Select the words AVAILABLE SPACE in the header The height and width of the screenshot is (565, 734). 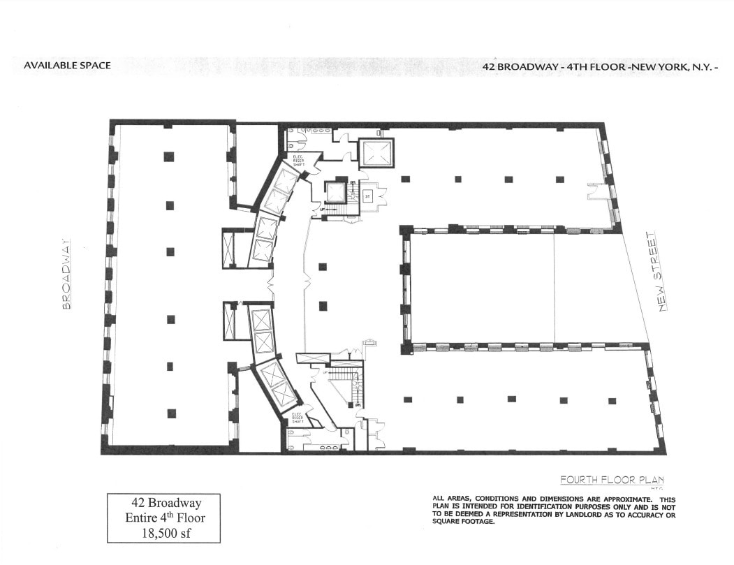[x=67, y=66]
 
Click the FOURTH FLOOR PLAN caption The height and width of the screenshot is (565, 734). [x=611, y=480]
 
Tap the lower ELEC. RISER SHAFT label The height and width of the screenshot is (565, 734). [x=298, y=418]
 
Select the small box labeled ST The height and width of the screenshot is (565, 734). [x=367, y=196]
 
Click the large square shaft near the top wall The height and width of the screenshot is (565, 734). [x=376, y=152]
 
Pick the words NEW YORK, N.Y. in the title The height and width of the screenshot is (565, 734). [x=675, y=66]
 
